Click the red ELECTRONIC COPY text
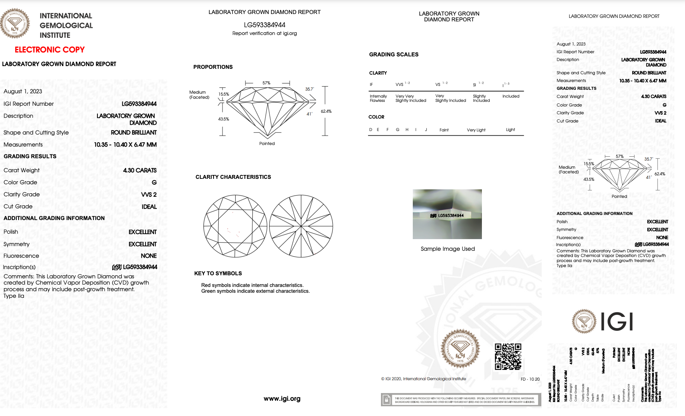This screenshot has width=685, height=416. coord(49,50)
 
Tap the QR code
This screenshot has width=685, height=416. coord(508,357)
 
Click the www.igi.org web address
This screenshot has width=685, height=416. coord(282,399)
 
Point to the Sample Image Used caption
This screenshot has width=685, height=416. coord(447,249)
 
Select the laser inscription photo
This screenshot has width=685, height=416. coord(447,214)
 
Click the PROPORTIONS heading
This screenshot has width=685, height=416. coord(213,67)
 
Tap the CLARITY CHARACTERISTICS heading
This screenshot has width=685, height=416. coord(233,177)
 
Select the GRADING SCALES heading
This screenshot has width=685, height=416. coord(393,54)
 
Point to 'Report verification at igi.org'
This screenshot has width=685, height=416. coord(264,33)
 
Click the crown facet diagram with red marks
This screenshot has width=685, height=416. coord(235,226)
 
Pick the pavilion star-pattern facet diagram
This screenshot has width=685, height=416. coord(301,226)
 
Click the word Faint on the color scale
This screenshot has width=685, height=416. coord(444,130)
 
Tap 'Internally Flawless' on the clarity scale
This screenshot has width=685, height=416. coord(378,98)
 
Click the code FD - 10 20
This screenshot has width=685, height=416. coord(530,379)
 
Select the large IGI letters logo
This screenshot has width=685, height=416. coord(617,322)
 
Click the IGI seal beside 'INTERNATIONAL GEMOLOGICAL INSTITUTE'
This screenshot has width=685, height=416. coord(15,24)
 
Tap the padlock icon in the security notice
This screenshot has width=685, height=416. coord(386,400)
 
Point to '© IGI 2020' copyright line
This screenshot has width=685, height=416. coord(423,379)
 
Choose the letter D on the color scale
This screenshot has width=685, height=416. coord(370,130)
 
